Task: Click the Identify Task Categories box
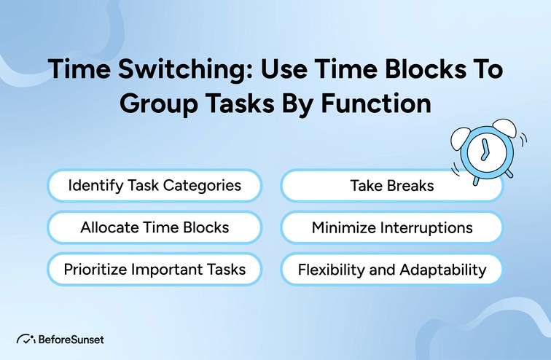[155, 186]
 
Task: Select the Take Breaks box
[391, 186]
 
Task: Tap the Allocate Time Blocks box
[155, 227]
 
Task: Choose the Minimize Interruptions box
[391, 227]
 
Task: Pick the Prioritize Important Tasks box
[155, 270]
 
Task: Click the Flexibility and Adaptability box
[391, 270]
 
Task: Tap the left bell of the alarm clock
[461, 135]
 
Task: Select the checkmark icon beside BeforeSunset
[25, 339]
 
